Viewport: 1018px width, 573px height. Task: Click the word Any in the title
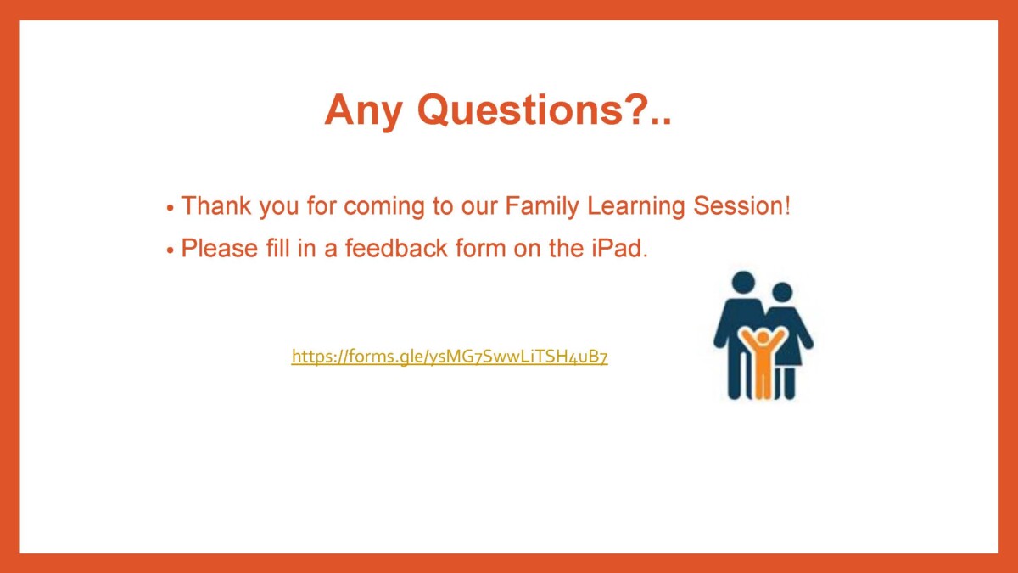click(363, 111)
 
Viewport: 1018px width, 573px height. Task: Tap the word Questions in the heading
click(519, 110)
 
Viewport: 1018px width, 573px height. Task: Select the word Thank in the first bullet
click(216, 205)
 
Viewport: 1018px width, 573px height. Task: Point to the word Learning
click(635, 207)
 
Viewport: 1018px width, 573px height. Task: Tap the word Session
click(738, 205)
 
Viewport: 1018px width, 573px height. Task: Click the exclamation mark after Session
click(787, 205)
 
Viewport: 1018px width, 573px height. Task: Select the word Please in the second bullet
click(220, 248)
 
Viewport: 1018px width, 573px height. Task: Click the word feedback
click(396, 248)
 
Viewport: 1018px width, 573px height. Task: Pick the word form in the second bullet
click(481, 248)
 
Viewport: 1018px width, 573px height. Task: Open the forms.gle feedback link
click(450, 357)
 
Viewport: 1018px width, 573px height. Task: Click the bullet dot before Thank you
click(170, 208)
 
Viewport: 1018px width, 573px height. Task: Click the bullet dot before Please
click(170, 250)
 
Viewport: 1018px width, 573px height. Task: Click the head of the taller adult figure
click(743, 282)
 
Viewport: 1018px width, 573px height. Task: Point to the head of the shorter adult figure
click(782, 292)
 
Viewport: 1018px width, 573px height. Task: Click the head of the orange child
click(763, 338)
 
